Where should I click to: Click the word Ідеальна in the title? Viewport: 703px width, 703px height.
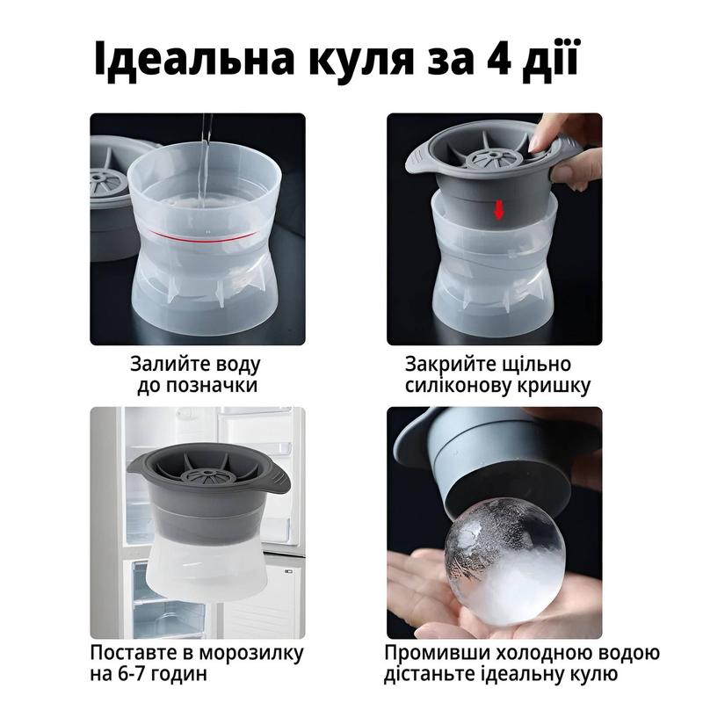pos(194,59)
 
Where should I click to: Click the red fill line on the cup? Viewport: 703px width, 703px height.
pos(203,237)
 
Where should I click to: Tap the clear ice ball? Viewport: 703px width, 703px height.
pos(504,562)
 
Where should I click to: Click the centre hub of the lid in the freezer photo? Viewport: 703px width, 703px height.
pos(209,474)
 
